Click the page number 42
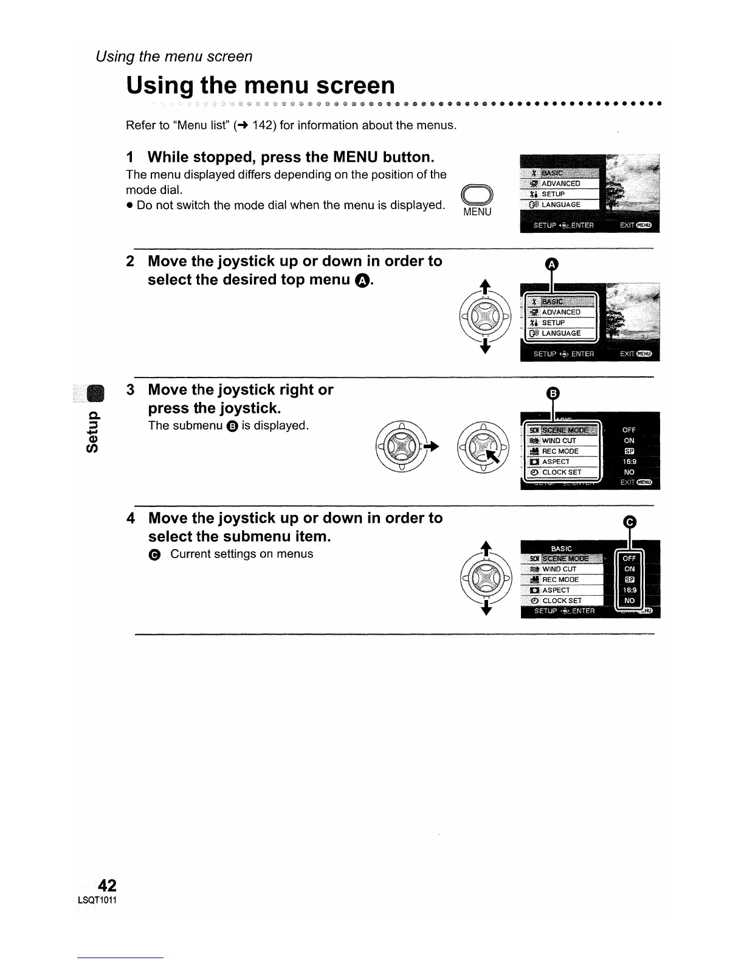click(x=106, y=884)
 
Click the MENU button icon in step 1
click(x=477, y=196)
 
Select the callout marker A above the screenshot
click(x=551, y=264)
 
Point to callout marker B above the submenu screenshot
click(x=552, y=393)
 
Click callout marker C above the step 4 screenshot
click(x=630, y=522)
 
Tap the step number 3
click(x=130, y=390)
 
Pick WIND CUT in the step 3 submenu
click(x=559, y=441)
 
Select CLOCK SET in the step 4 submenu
click(x=562, y=601)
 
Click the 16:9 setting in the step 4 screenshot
click(x=629, y=590)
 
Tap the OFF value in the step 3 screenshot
click(x=629, y=430)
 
